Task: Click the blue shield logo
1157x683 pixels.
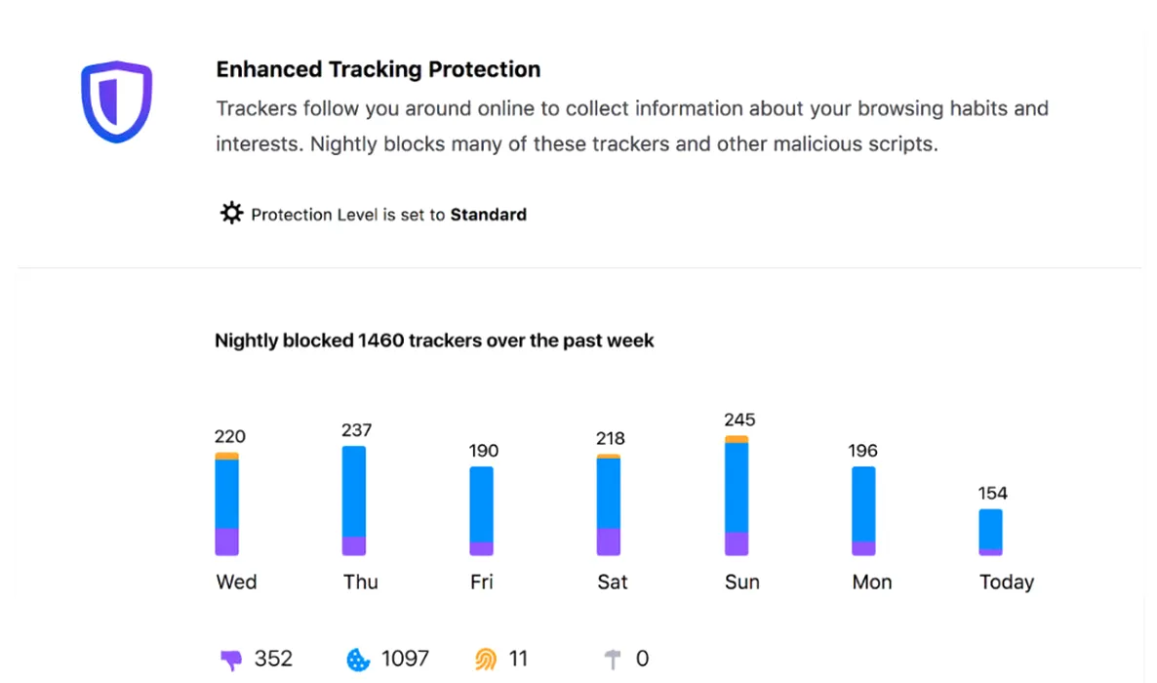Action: pos(117,101)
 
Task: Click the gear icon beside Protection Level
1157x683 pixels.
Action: pos(232,213)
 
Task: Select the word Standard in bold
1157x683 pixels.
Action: pos(489,214)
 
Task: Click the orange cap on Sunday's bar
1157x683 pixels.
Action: pos(737,439)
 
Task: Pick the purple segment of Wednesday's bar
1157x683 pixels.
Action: pos(226,542)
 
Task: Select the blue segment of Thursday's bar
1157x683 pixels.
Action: pos(354,491)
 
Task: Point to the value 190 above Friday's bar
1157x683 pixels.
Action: pos(484,451)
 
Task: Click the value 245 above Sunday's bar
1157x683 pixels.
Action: pos(739,420)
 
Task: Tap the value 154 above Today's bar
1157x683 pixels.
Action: pos(992,493)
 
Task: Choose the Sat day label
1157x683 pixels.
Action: pos(613,582)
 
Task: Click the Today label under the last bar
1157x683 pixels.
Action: pos(1007,582)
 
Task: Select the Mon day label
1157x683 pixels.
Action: pos(872,582)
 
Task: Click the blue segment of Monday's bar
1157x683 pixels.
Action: pos(863,504)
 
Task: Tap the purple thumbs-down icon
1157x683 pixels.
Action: pos(231,660)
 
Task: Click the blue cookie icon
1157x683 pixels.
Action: pos(358,660)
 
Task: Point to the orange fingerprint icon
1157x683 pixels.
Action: pos(486,659)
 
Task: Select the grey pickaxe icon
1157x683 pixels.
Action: pos(613,659)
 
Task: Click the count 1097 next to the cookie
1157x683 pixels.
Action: pos(405,658)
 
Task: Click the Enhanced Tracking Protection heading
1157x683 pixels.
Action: pos(379,68)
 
